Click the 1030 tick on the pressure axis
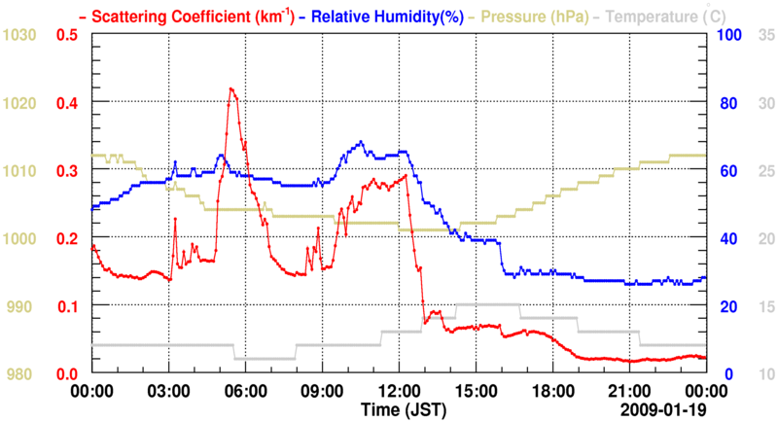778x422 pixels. pyautogui.click(x=20, y=35)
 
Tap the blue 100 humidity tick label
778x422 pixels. pyautogui.click(x=729, y=35)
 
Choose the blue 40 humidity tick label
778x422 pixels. pyautogui.click(x=726, y=238)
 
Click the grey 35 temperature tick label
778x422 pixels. pyautogui.click(x=765, y=35)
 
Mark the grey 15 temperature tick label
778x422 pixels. pyautogui.click(x=765, y=306)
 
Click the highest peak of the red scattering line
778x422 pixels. pyautogui.click(x=230, y=88)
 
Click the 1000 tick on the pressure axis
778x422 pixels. pyautogui.click(x=20, y=238)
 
